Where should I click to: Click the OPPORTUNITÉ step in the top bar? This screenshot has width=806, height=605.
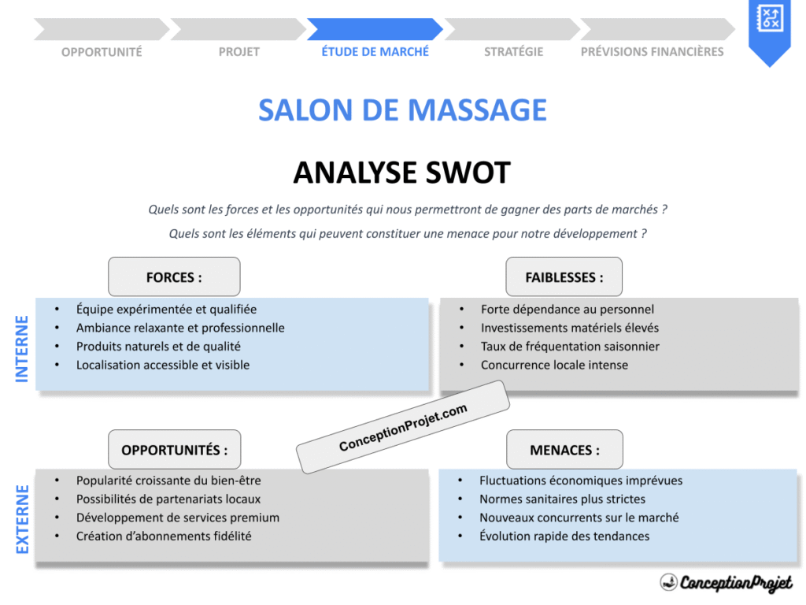102,52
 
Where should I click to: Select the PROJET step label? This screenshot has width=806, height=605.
239,52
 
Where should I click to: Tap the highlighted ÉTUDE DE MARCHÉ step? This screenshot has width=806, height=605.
375,51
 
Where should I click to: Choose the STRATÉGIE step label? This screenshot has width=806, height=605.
513,52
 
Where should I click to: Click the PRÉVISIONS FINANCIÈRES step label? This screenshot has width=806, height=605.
652,52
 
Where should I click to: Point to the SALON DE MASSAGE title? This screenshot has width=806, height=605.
402,110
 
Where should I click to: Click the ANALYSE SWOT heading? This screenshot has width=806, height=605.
402,173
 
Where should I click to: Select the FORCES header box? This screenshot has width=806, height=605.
174,277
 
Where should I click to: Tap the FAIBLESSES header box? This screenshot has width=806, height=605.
564,277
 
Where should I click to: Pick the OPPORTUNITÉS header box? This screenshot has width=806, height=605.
174,450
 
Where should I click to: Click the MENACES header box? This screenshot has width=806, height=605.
564,450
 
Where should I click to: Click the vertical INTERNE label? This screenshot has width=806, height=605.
22,349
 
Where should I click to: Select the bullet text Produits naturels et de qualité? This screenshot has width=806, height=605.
158,346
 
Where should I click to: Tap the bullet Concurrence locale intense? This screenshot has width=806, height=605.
554,365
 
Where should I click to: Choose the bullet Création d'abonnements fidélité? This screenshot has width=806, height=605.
164,536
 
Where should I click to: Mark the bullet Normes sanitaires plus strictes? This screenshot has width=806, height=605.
562,499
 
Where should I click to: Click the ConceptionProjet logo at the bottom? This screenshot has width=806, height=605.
726,583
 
